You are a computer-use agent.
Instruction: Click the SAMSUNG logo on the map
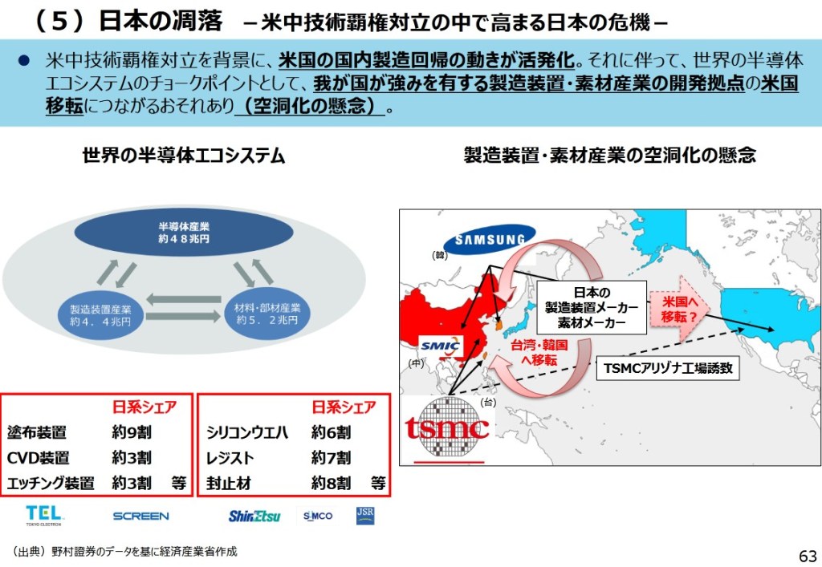point(490,239)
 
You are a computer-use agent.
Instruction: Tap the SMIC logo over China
point(441,346)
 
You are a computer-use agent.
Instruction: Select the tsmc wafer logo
point(448,429)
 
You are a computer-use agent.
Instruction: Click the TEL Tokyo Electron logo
point(43,515)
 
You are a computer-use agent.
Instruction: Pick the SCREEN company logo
point(141,516)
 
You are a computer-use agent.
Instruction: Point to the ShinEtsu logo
point(254,516)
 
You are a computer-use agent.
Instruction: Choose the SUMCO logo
point(318,516)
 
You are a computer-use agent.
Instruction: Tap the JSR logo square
point(365,515)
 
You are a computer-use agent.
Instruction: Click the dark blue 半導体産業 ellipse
point(184,233)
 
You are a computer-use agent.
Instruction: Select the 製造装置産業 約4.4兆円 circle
point(100,316)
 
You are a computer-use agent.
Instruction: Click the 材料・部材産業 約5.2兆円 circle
point(267,313)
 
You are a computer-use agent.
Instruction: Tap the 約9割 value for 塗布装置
point(132,432)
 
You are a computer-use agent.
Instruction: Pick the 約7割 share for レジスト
point(331,458)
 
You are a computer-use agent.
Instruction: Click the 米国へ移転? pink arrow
point(679,309)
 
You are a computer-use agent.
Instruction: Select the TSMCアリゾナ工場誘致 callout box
point(668,368)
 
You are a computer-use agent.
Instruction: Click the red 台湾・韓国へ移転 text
point(539,352)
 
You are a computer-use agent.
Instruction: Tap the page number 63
point(808,556)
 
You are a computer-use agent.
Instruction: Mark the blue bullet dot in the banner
point(23,61)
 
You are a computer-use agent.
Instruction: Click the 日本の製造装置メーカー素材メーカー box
point(592,307)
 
